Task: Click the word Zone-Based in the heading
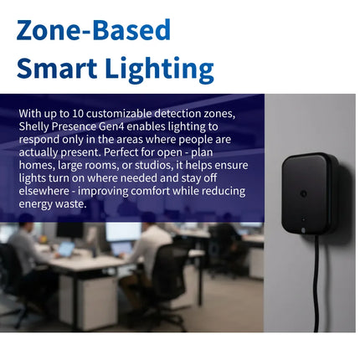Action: pos(94,30)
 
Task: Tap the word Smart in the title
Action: pos(57,68)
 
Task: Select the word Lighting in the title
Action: pos(160,70)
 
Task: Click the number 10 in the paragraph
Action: pos(78,114)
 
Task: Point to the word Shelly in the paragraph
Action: pos(34,127)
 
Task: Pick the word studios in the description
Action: pos(152,165)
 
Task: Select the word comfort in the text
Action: pos(150,191)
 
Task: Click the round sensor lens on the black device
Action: pos(303,193)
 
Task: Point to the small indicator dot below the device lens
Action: pos(303,219)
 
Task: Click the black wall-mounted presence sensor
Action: pos(310,193)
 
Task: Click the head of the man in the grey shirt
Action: pos(26,222)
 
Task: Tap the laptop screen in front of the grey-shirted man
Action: pos(66,249)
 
